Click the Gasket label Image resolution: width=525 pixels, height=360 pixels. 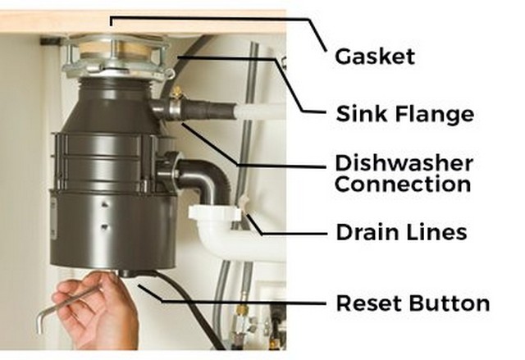[375, 57]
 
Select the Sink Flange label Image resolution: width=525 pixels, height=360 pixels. [404, 114]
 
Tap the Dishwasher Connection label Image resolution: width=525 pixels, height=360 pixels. [403, 172]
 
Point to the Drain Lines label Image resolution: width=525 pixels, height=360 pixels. [401, 232]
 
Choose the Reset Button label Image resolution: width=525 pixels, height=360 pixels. [413, 303]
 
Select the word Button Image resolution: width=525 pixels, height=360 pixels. [449, 303]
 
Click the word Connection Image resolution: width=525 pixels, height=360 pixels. [403, 184]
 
